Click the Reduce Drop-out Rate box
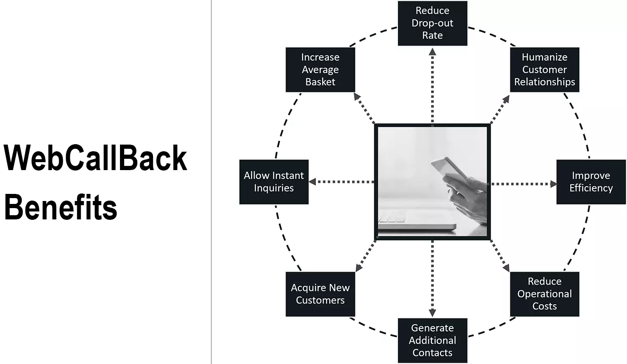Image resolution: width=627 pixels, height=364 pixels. coord(432,23)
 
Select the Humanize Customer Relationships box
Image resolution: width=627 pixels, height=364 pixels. coord(544,69)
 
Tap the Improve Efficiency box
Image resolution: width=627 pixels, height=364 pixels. coord(591,182)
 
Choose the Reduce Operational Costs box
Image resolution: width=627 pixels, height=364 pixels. coord(544,294)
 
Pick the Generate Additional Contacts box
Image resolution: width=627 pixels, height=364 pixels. coord(432,340)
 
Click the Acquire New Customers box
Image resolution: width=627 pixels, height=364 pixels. coord(320,294)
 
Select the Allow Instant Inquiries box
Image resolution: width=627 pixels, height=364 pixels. coord(274,182)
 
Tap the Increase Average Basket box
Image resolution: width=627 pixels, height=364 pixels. coord(320,69)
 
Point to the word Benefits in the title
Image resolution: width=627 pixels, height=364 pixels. coord(61,207)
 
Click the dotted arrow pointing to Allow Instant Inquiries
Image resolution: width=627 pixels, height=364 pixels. coord(341,182)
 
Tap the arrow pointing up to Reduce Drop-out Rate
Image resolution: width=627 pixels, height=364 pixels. coord(432,86)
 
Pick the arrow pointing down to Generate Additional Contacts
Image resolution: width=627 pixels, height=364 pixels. coord(432,278)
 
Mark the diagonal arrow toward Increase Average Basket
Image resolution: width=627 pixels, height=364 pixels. coord(364,109)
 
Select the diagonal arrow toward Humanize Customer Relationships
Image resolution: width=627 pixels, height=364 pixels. coord(500,109)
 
